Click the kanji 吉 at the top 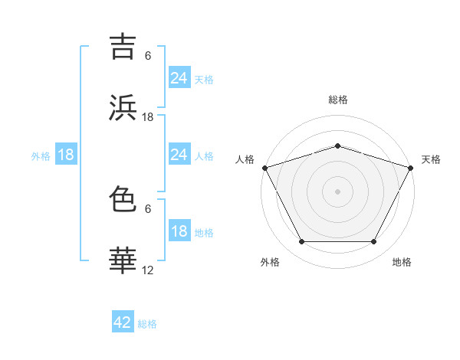click(123, 46)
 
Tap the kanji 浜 click(123, 107)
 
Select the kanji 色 click(123, 199)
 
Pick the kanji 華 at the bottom click(123, 260)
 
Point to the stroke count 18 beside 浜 click(148, 117)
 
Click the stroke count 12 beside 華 click(148, 270)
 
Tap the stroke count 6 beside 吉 click(148, 56)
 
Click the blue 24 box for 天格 click(179, 78)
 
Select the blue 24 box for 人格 click(179, 155)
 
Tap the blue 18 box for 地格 click(179, 231)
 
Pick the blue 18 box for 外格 click(66, 155)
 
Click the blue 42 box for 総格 click(123, 322)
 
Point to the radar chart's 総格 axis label click(337, 100)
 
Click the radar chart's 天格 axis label click(431, 159)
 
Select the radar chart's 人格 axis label click(245, 159)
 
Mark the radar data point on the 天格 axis click(412, 167)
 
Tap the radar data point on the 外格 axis click(301, 242)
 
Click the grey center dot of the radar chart click(337, 191)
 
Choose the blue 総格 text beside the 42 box click(147, 324)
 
